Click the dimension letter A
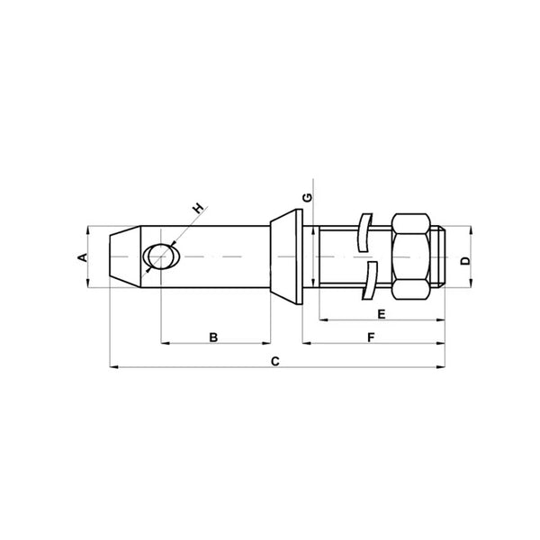click(x=81, y=257)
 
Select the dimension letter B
click(x=213, y=337)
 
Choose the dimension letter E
click(x=382, y=314)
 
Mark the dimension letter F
click(x=372, y=337)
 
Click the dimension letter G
click(x=307, y=196)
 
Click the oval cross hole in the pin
click(x=158, y=257)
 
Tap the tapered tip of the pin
click(x=119, y=257)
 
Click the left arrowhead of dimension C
click(x=112, y=367)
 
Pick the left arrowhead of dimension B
click(x=163, y=343)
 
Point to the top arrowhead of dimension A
click(x=88, y=229)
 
